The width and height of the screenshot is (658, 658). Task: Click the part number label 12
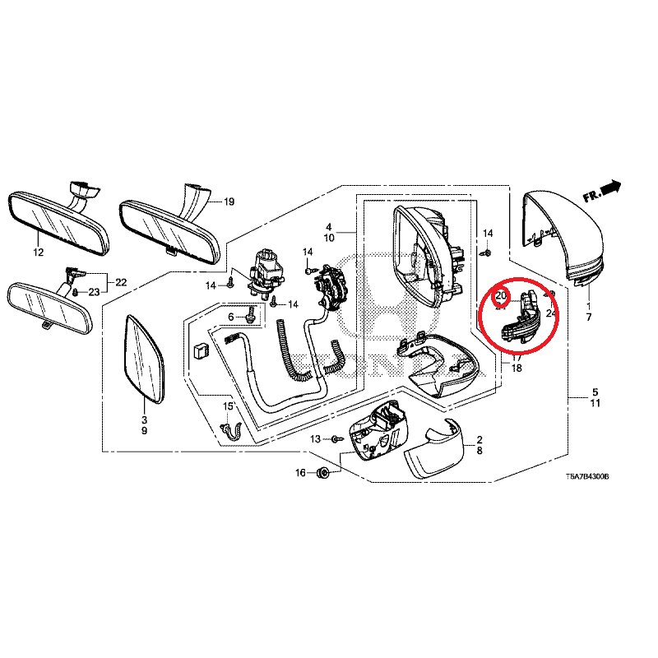38,253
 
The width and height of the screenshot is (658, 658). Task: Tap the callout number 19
229,202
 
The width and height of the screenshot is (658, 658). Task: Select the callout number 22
121,282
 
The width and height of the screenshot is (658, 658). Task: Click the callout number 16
300,472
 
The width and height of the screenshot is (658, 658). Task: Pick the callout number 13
316,439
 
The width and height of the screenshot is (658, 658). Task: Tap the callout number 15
229,406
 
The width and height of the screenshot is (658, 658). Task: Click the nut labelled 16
323,472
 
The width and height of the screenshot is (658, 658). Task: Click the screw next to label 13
336,440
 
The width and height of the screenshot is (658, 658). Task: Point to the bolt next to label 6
250,317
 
